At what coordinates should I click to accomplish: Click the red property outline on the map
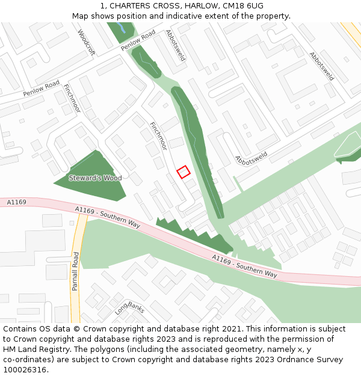pyautogui.click(x=184, y=171)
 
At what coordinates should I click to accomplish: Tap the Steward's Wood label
pyautogui.click(x=95, y=178)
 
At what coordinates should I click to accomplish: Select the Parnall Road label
pyautogui.click(x=76, y=271)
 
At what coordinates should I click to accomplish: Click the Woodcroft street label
pyautogui.click(x=86, y=43)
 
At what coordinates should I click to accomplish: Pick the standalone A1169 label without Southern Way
pyautogui.click(x=17, y=202)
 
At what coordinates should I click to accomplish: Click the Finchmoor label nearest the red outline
pyautogui.click(x=158, y=136)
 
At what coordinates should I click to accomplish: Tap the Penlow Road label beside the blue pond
pyautogui.click(x=138, y=40)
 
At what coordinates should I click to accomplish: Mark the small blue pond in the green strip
pyautogui.click(x=123, y=28)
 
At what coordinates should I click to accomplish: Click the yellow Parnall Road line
pyautogui.click(x=76, y=241)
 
